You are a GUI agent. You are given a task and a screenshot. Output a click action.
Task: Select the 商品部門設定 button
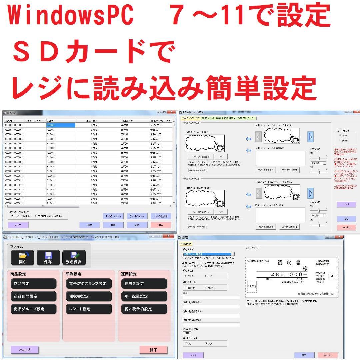33,296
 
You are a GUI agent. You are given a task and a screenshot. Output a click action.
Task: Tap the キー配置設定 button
144,296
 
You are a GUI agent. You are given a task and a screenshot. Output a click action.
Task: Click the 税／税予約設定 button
144,309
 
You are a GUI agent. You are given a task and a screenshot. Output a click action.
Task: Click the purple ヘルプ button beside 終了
24,349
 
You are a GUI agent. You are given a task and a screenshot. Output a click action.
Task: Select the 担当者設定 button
144,284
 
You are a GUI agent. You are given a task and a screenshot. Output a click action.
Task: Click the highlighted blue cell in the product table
60,125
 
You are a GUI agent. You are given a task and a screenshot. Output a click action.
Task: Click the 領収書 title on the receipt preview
289,263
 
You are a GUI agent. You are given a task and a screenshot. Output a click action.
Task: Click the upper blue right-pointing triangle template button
311,136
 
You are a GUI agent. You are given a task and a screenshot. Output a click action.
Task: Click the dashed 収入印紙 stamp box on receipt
252,286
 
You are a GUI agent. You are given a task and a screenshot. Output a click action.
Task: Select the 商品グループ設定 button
33,309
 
